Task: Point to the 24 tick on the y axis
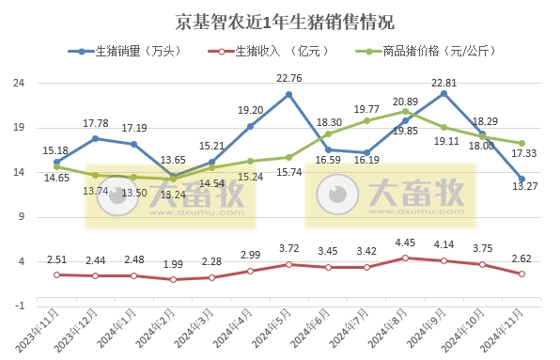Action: [x=17, y=83]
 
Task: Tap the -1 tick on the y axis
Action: [x=17, y=306]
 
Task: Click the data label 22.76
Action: [x=289, y=78]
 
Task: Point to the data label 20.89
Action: [x=405, y=101]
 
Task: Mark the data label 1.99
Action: [x=174, y=264]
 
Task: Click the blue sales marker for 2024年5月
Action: [x=288, y=94]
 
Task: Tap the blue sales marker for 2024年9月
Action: [x=443, y=93]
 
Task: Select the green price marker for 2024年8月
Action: [x=405, y=111]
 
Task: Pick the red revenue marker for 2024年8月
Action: [x=405, y=258]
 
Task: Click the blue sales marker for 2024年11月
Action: [x=521, y=179]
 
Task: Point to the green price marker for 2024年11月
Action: [x=521, y=143]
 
